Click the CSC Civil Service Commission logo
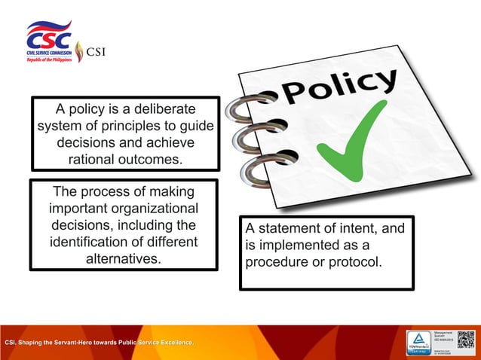50,42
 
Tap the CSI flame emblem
79,52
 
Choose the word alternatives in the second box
124,258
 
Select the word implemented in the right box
301,246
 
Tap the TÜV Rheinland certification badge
419,340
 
